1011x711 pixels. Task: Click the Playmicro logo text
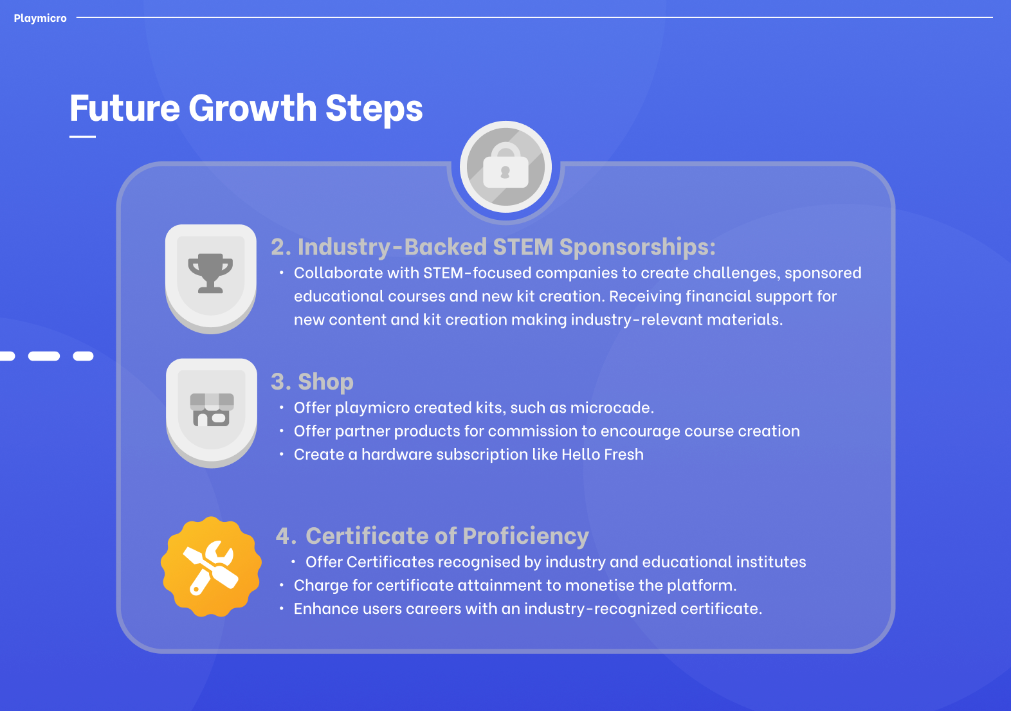(x=40, y=18)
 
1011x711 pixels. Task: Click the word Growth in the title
(x=253, y=108)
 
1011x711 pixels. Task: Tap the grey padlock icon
(x=506, y=166)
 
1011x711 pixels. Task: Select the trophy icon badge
(x=211, y=278)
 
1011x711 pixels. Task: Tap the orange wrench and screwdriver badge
(x=211, y=566)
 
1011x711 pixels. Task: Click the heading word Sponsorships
(x=637, y=248)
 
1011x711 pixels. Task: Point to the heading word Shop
(x=325, y=382)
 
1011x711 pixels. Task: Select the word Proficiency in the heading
(x=526, y=536)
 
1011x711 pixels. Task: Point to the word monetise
(x=599, y=585)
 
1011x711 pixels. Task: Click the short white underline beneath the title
(x=82, y=136)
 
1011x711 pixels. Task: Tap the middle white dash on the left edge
(x=44, y=356)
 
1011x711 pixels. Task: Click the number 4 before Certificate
(x=283, y=536)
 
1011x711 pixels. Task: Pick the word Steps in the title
(x=374, y=109)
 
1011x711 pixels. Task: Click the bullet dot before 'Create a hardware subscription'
(x=281, y=455)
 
